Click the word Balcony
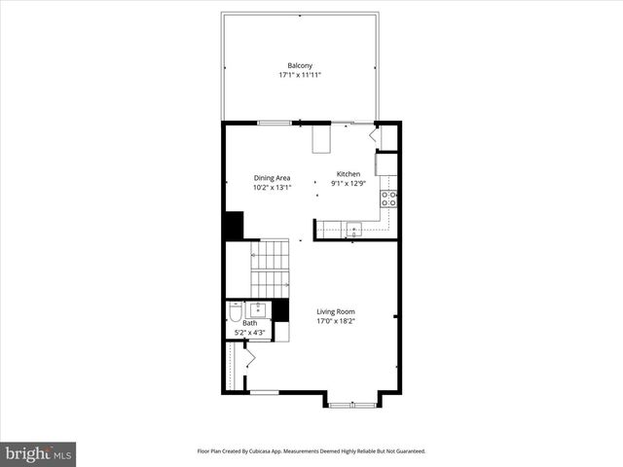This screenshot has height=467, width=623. pos(299,65)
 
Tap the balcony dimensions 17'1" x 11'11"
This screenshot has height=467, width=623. pos(299,75)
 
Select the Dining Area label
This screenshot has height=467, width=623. pos(272,178)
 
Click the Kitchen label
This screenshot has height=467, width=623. pos(348,174)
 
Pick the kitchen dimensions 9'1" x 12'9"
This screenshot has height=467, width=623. pos(348,183)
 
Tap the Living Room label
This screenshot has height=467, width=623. pos(335,311)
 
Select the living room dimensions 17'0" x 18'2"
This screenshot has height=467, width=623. pos(335,321)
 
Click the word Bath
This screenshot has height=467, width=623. pos(237,323)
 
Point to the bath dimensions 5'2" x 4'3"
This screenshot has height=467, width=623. pos(249,333)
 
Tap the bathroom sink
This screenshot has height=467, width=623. pos(259,309)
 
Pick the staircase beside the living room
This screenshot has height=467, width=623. pos(270,268)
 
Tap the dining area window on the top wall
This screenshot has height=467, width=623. pos(275,122)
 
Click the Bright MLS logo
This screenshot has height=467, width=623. pos(39,452)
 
